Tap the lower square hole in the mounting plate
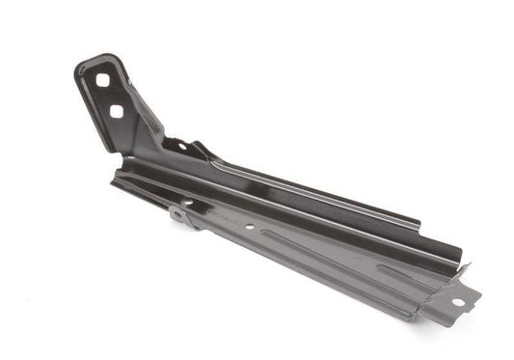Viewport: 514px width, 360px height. (x=116, y=111)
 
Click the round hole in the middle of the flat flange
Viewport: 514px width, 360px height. (x=250, y=228)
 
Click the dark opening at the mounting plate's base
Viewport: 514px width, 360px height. (x=175, y=145)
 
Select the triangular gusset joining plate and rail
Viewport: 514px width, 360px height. (x=149, y=125)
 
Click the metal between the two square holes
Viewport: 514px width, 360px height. (x=109, y=97)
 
